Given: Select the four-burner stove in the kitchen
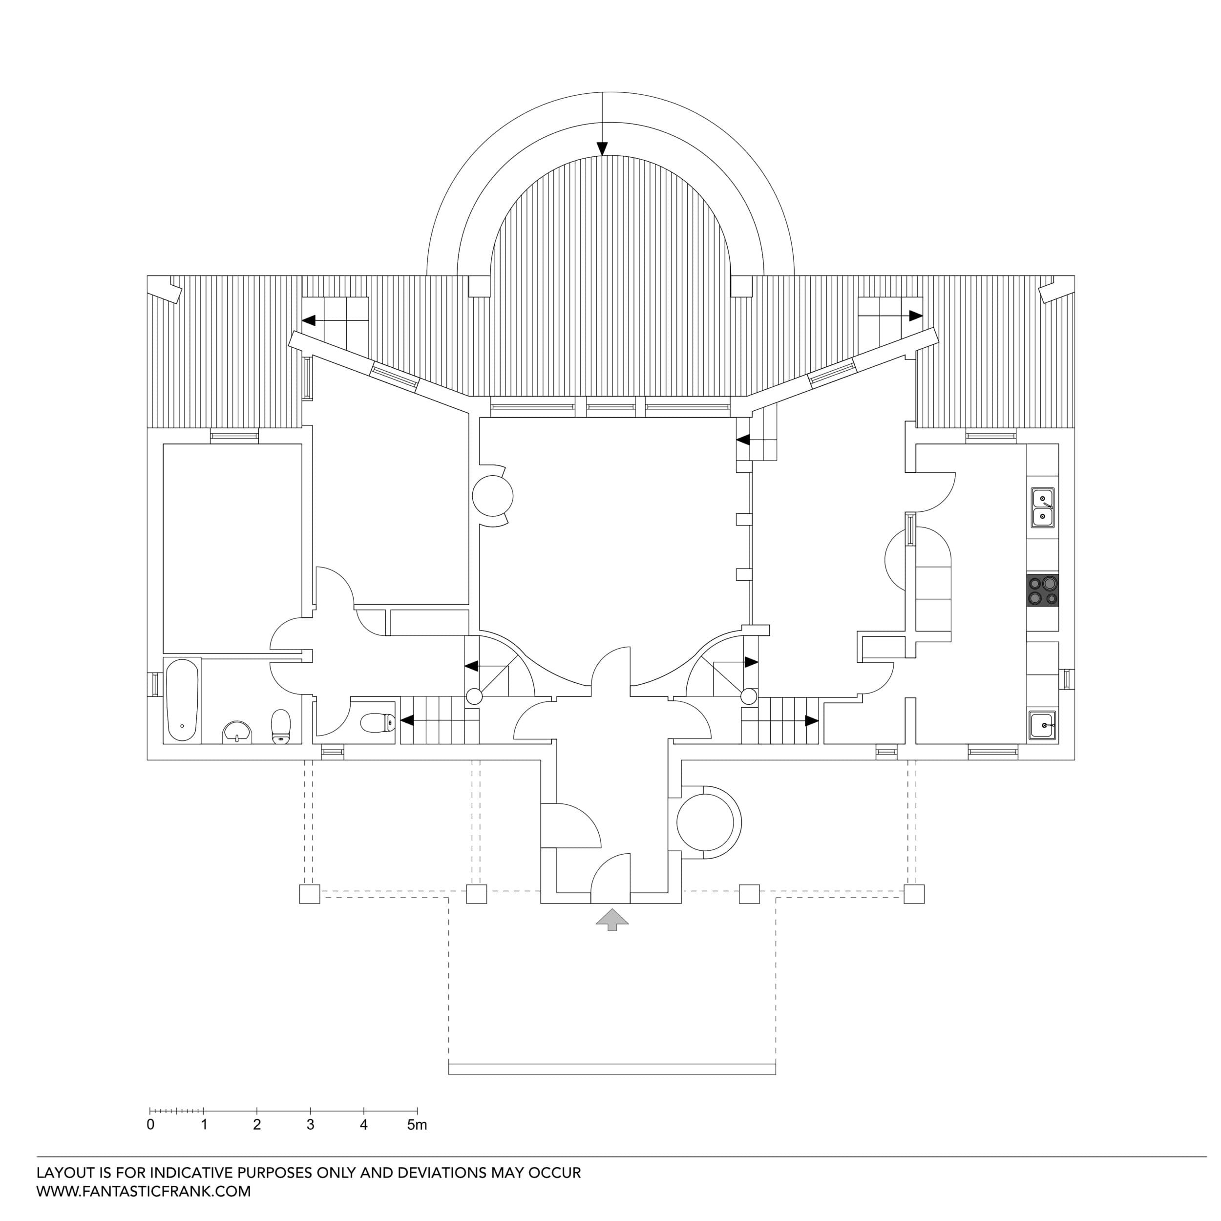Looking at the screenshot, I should tap(1042, 590).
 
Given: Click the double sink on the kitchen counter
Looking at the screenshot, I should tap(1042, 507).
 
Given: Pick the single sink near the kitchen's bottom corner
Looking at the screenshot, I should tap(1042, 725).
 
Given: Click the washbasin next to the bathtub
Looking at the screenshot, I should tap(237, 731).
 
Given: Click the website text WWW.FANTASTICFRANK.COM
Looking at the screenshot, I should tap(144, 1191).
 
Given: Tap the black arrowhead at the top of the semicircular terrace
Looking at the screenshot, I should tap(602, 148).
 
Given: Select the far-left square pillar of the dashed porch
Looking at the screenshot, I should tap(309, 894).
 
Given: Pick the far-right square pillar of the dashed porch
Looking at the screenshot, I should tap(914, 894).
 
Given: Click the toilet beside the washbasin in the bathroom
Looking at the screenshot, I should tap(281, 726).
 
